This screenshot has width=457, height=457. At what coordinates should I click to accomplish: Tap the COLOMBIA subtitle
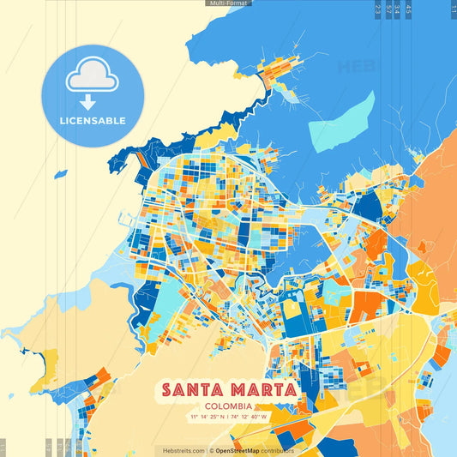[x=228, y=406]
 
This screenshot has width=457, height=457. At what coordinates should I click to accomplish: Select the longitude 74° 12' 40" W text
[x=250, y=417]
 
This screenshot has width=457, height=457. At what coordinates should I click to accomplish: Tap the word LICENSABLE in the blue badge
[x=92, y=121]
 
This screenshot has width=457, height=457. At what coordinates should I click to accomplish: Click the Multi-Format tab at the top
[x=228, y=3]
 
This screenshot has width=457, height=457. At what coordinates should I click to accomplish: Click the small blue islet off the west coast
[x=60, y=174]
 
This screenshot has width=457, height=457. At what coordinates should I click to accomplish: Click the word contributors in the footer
[x=277, y=450]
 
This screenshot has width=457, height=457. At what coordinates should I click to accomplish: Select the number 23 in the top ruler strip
[x=378, y=9]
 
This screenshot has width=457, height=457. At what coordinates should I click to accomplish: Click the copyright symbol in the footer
[x=211, y=450]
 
